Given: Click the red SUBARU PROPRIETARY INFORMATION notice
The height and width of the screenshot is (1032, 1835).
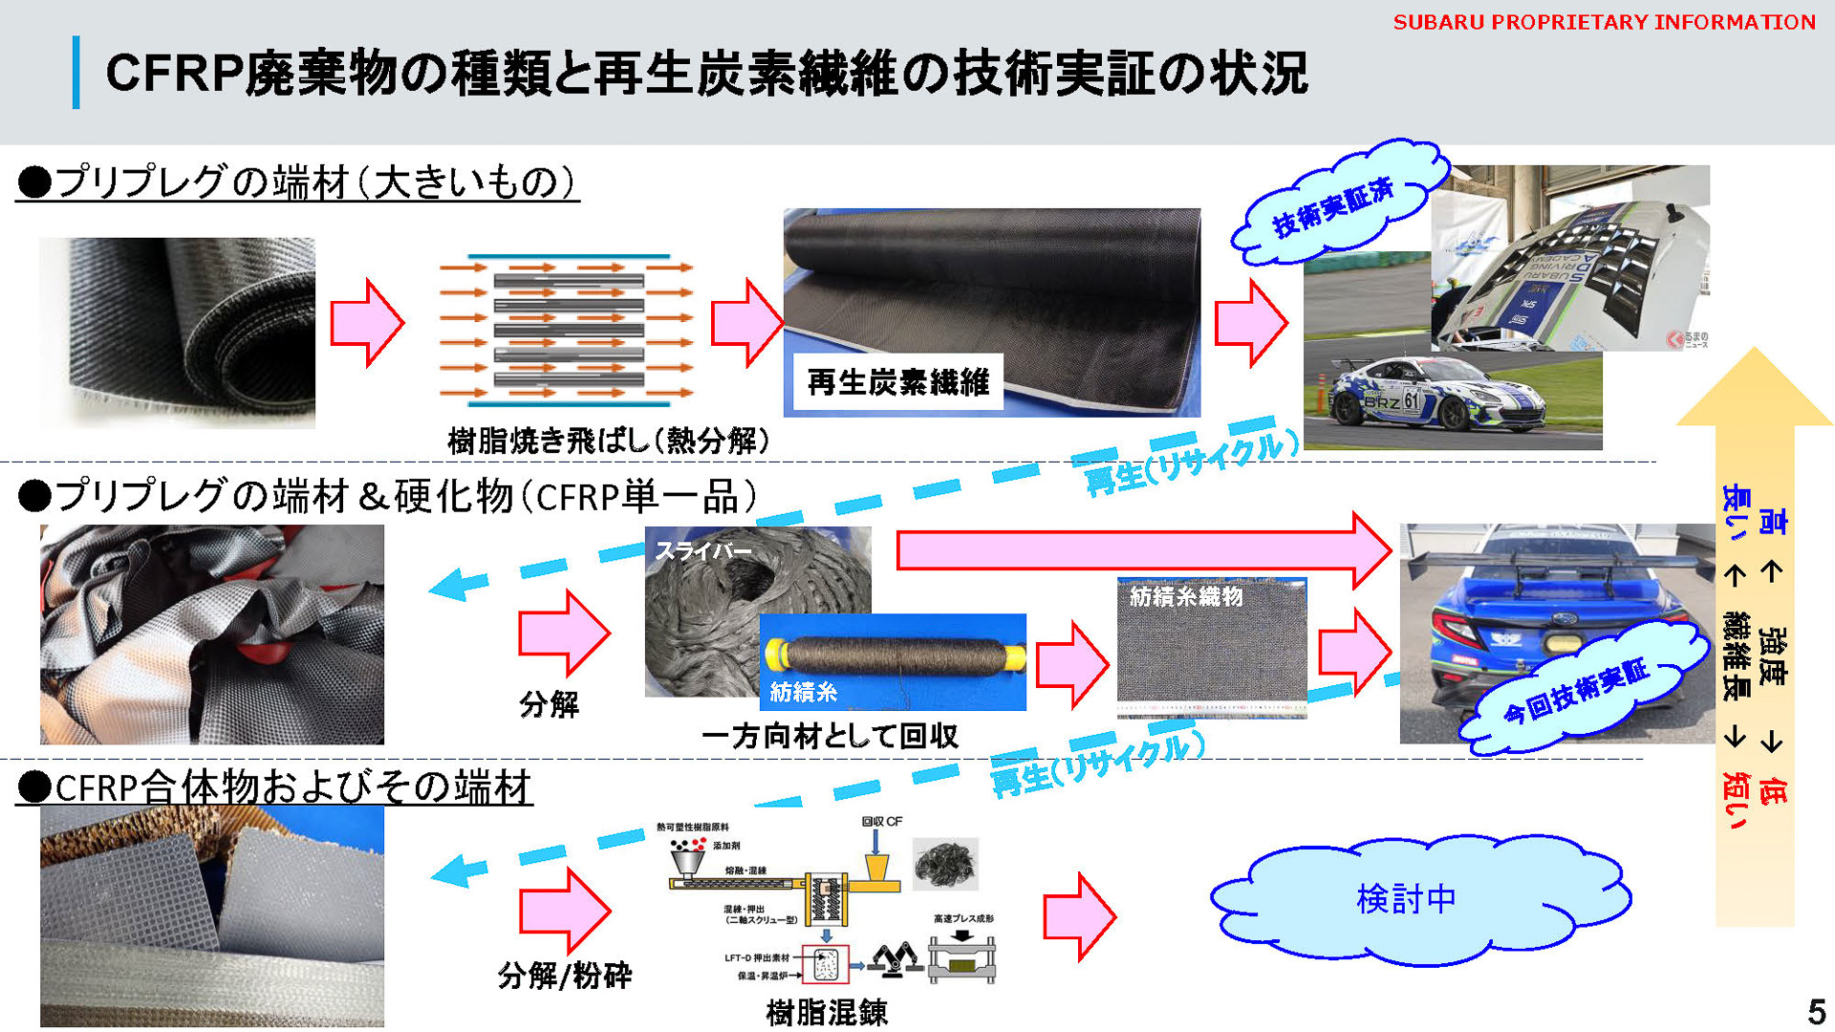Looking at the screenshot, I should (1603, 22).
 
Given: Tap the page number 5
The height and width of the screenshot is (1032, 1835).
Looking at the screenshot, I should (1816, 1011).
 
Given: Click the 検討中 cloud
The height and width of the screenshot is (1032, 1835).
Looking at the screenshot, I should (1406, 898).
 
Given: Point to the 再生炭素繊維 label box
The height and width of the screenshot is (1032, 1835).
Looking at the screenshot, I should (897, 382).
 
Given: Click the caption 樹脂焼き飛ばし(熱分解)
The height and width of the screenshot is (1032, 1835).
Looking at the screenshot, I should (608, 441).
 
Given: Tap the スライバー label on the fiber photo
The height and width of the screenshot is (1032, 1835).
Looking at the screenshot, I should (702, 551).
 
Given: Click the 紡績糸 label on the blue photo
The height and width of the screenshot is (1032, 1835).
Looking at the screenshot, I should (803, 692).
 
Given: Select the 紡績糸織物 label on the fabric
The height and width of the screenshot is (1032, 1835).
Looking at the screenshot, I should (1185, 596).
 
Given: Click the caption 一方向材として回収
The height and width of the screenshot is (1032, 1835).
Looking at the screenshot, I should (830, 736).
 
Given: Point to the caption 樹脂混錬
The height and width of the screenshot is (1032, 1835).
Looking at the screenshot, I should (827, 1012).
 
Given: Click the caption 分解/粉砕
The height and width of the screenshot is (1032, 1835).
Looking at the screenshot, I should (564, 976).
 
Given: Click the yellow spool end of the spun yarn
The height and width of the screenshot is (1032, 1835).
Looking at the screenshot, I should (1015, 656).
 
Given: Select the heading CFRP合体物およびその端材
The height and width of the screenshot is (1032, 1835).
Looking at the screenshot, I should (274, 788).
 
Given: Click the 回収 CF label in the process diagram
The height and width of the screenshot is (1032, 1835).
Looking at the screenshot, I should (881, 821).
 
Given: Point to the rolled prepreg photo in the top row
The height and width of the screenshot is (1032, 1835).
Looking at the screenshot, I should (178, 332).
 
